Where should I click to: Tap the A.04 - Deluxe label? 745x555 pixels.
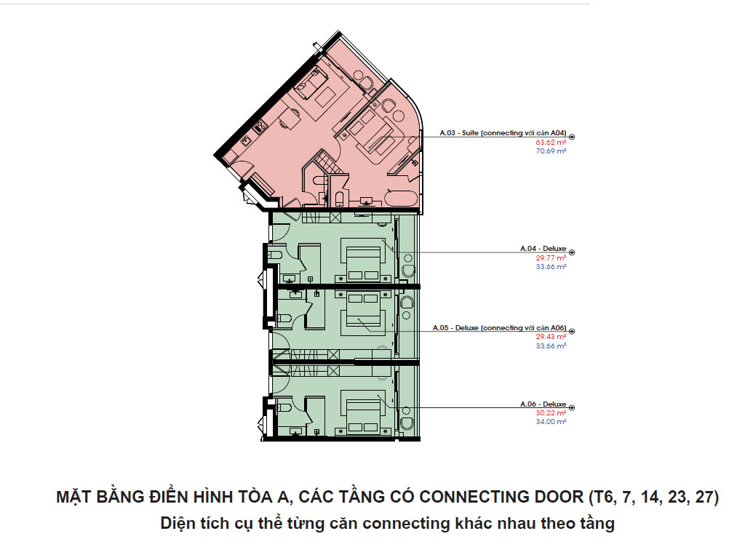point(543,249)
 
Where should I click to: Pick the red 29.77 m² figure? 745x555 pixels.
point(551,258)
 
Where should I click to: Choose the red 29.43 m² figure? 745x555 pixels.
point(551,337)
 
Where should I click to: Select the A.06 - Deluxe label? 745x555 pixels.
point(543,404)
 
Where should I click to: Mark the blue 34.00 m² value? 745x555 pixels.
point(551,422)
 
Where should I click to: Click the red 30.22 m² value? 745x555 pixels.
point(551,413)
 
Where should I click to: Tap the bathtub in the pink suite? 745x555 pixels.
point(401,199)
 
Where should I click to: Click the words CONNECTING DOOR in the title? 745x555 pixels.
point(501,498)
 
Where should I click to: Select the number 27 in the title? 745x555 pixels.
point(702,498)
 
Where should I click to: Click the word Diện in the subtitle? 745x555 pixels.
point(176,524)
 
